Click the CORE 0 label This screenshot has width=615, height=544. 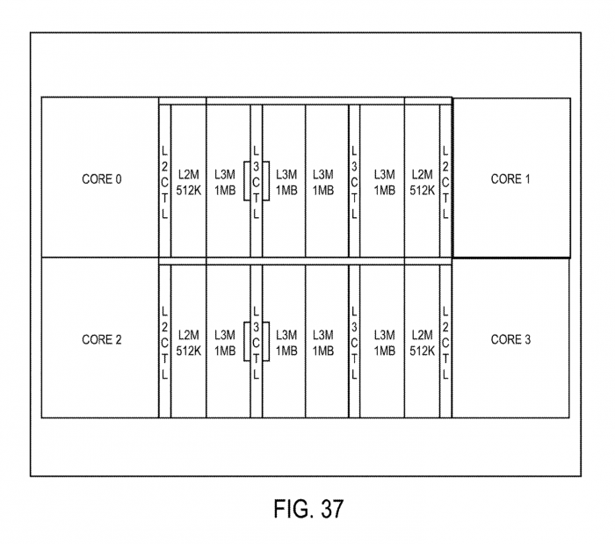(x=102, y=179)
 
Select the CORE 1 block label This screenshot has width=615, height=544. (x=510, y=179)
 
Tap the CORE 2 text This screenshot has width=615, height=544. (x=102, y=340)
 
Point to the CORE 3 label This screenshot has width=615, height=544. (x=510, y=340)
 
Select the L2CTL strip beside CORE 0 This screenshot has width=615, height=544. (x=164, y=180)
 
